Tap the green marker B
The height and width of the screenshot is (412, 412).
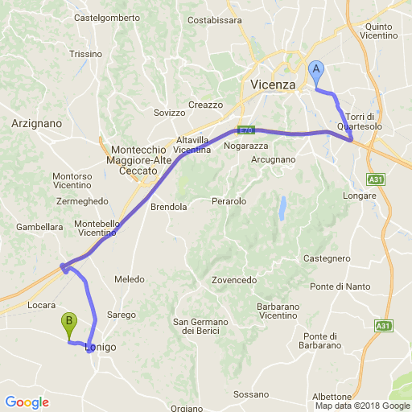tap(70, 324)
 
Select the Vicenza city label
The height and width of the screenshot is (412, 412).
tap(273, 84)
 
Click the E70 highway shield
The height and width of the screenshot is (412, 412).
tap(248, 130)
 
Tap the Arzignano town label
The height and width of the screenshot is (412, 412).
tap(37, 123)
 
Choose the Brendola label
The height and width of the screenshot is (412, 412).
tap(169, 207)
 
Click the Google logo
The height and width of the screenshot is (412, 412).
tap(26, 402)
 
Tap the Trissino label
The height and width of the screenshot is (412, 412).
tap(86, 54)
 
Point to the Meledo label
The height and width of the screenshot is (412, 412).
tap(129, 279)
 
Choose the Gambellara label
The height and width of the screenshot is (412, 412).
tap(39, 227)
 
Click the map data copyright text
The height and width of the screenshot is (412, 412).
tap(361, 406)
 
